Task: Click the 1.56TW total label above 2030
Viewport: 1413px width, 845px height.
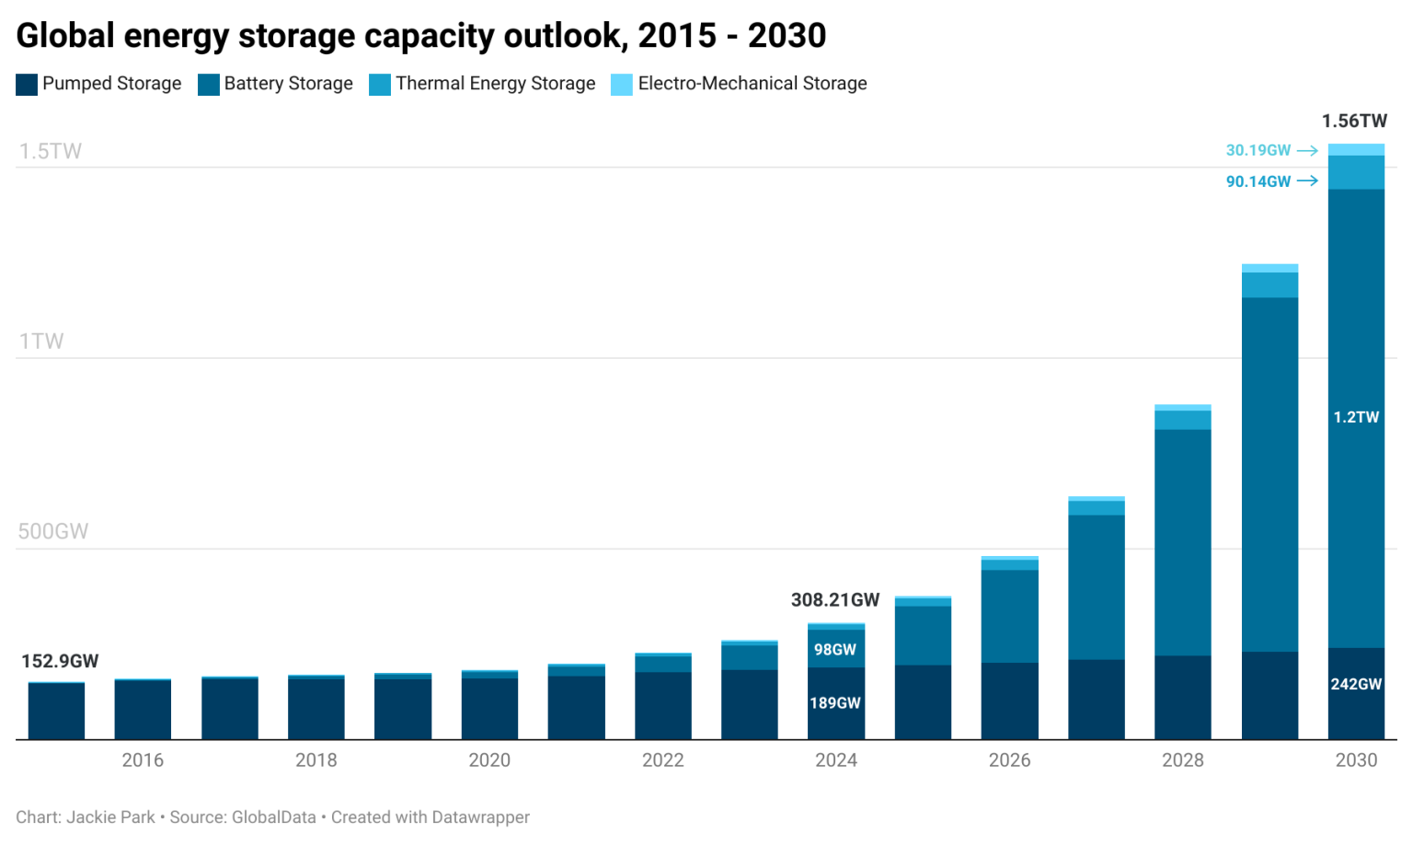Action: (x=1353, y=122)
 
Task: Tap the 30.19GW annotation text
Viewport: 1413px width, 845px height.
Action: (x=1258, y=150)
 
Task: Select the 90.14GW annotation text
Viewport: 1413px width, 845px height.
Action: (x=1258, y=181)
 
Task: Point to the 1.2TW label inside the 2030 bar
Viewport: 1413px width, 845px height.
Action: (x=1356, y=417)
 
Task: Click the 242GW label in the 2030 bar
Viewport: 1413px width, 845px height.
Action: (x=1356, y=684)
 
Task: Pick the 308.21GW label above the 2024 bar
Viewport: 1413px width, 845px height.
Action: (x=834, y=600)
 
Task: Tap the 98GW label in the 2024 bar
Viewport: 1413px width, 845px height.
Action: (x=834, y=650)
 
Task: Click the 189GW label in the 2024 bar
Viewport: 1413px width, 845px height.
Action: (x=834, y=703)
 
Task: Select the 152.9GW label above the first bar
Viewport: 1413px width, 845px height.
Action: (x=60, y=661)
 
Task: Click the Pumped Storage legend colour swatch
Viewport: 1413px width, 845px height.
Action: (x=27, y=85)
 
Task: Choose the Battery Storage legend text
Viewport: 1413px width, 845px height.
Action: (x=288, y=84)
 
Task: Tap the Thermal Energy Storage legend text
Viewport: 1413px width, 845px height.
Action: (x=495, y=84)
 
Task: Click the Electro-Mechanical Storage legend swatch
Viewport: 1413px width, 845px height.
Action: (x=622, y=85)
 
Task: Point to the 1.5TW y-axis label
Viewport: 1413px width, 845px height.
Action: (x=51, y=151)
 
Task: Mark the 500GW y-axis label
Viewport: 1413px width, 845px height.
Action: (x=53, y=531)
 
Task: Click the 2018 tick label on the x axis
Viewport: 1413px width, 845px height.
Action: (x=316, y=760)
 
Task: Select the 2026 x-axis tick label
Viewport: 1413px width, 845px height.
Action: (x=1009, y=760)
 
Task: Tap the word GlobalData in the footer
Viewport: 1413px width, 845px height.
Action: (x=273, y=817)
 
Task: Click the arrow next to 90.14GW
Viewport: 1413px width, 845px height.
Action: (x=1307, y=181)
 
